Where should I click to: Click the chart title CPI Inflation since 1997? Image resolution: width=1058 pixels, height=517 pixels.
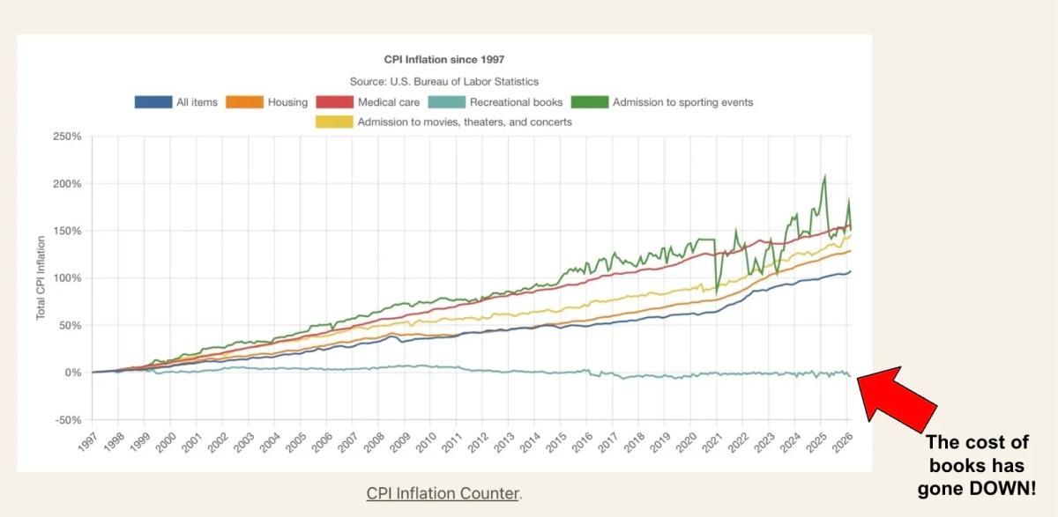[x=444, y=60]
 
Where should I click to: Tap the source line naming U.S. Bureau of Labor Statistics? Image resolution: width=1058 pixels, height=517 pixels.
[x=444, y=81]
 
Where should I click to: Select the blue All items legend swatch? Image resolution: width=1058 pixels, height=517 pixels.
[x=153, y=102]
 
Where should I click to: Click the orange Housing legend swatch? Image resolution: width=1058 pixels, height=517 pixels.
[x=245, y=102]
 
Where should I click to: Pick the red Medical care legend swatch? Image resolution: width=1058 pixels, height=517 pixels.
[x=334, y=102]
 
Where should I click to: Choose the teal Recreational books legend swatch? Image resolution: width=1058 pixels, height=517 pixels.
[x=446, y=102]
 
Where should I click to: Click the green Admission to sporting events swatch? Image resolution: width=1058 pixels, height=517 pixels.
[x=590, y=102]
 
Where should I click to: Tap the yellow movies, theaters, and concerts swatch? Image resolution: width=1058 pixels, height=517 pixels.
[x=334, y=122]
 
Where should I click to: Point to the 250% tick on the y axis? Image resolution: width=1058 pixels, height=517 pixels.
[x=67, y=137]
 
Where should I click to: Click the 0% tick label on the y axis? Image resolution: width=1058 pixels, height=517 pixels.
[x=72, y=373]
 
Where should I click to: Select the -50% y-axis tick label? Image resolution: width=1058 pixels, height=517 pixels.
[x=67, y=420]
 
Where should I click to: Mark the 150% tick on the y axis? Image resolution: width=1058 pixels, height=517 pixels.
[x=67, y=231]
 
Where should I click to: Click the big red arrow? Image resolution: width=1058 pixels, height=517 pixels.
[x=896, y=396]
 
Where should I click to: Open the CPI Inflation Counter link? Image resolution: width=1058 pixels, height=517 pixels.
[x=443, y=493]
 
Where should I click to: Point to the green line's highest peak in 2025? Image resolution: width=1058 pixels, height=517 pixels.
[x=824, y=175]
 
